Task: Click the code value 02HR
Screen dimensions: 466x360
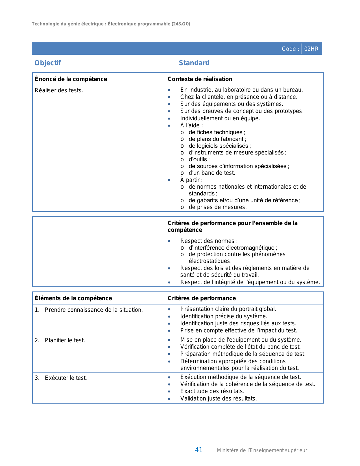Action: click(x=311, y=49)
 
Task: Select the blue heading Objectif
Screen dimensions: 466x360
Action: click(x=48, y=63)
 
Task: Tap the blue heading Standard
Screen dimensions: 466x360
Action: click(x=194, y=63)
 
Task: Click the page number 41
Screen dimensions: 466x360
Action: click(x=199, y=450)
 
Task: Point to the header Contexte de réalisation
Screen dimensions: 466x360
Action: click(x=200, y=79)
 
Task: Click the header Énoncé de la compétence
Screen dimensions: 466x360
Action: click(x=71, y=79)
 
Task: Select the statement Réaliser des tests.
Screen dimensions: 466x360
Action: click(x=59, y=91)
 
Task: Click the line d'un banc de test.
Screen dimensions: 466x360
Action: click(x=212, y=173)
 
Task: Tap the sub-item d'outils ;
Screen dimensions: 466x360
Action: click(x=199, y=159)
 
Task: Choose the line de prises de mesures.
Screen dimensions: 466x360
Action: click(x=217, y=207)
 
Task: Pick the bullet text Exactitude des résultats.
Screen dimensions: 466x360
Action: click(x=212, y=391)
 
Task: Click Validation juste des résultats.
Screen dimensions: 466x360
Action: click(x=219, y=399)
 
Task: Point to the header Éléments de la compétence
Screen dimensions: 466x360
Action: click(x=73, y=298)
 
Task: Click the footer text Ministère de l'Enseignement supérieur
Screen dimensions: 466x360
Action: click(x=262, y=450)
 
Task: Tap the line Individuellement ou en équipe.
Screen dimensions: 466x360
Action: click(x=220, y=118)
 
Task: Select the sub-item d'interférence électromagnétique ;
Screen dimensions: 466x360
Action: click(x=233, y=248)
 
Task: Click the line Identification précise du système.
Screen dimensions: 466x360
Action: click(x=224, y=316)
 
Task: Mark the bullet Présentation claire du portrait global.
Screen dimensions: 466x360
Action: click(x=228, y=309)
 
